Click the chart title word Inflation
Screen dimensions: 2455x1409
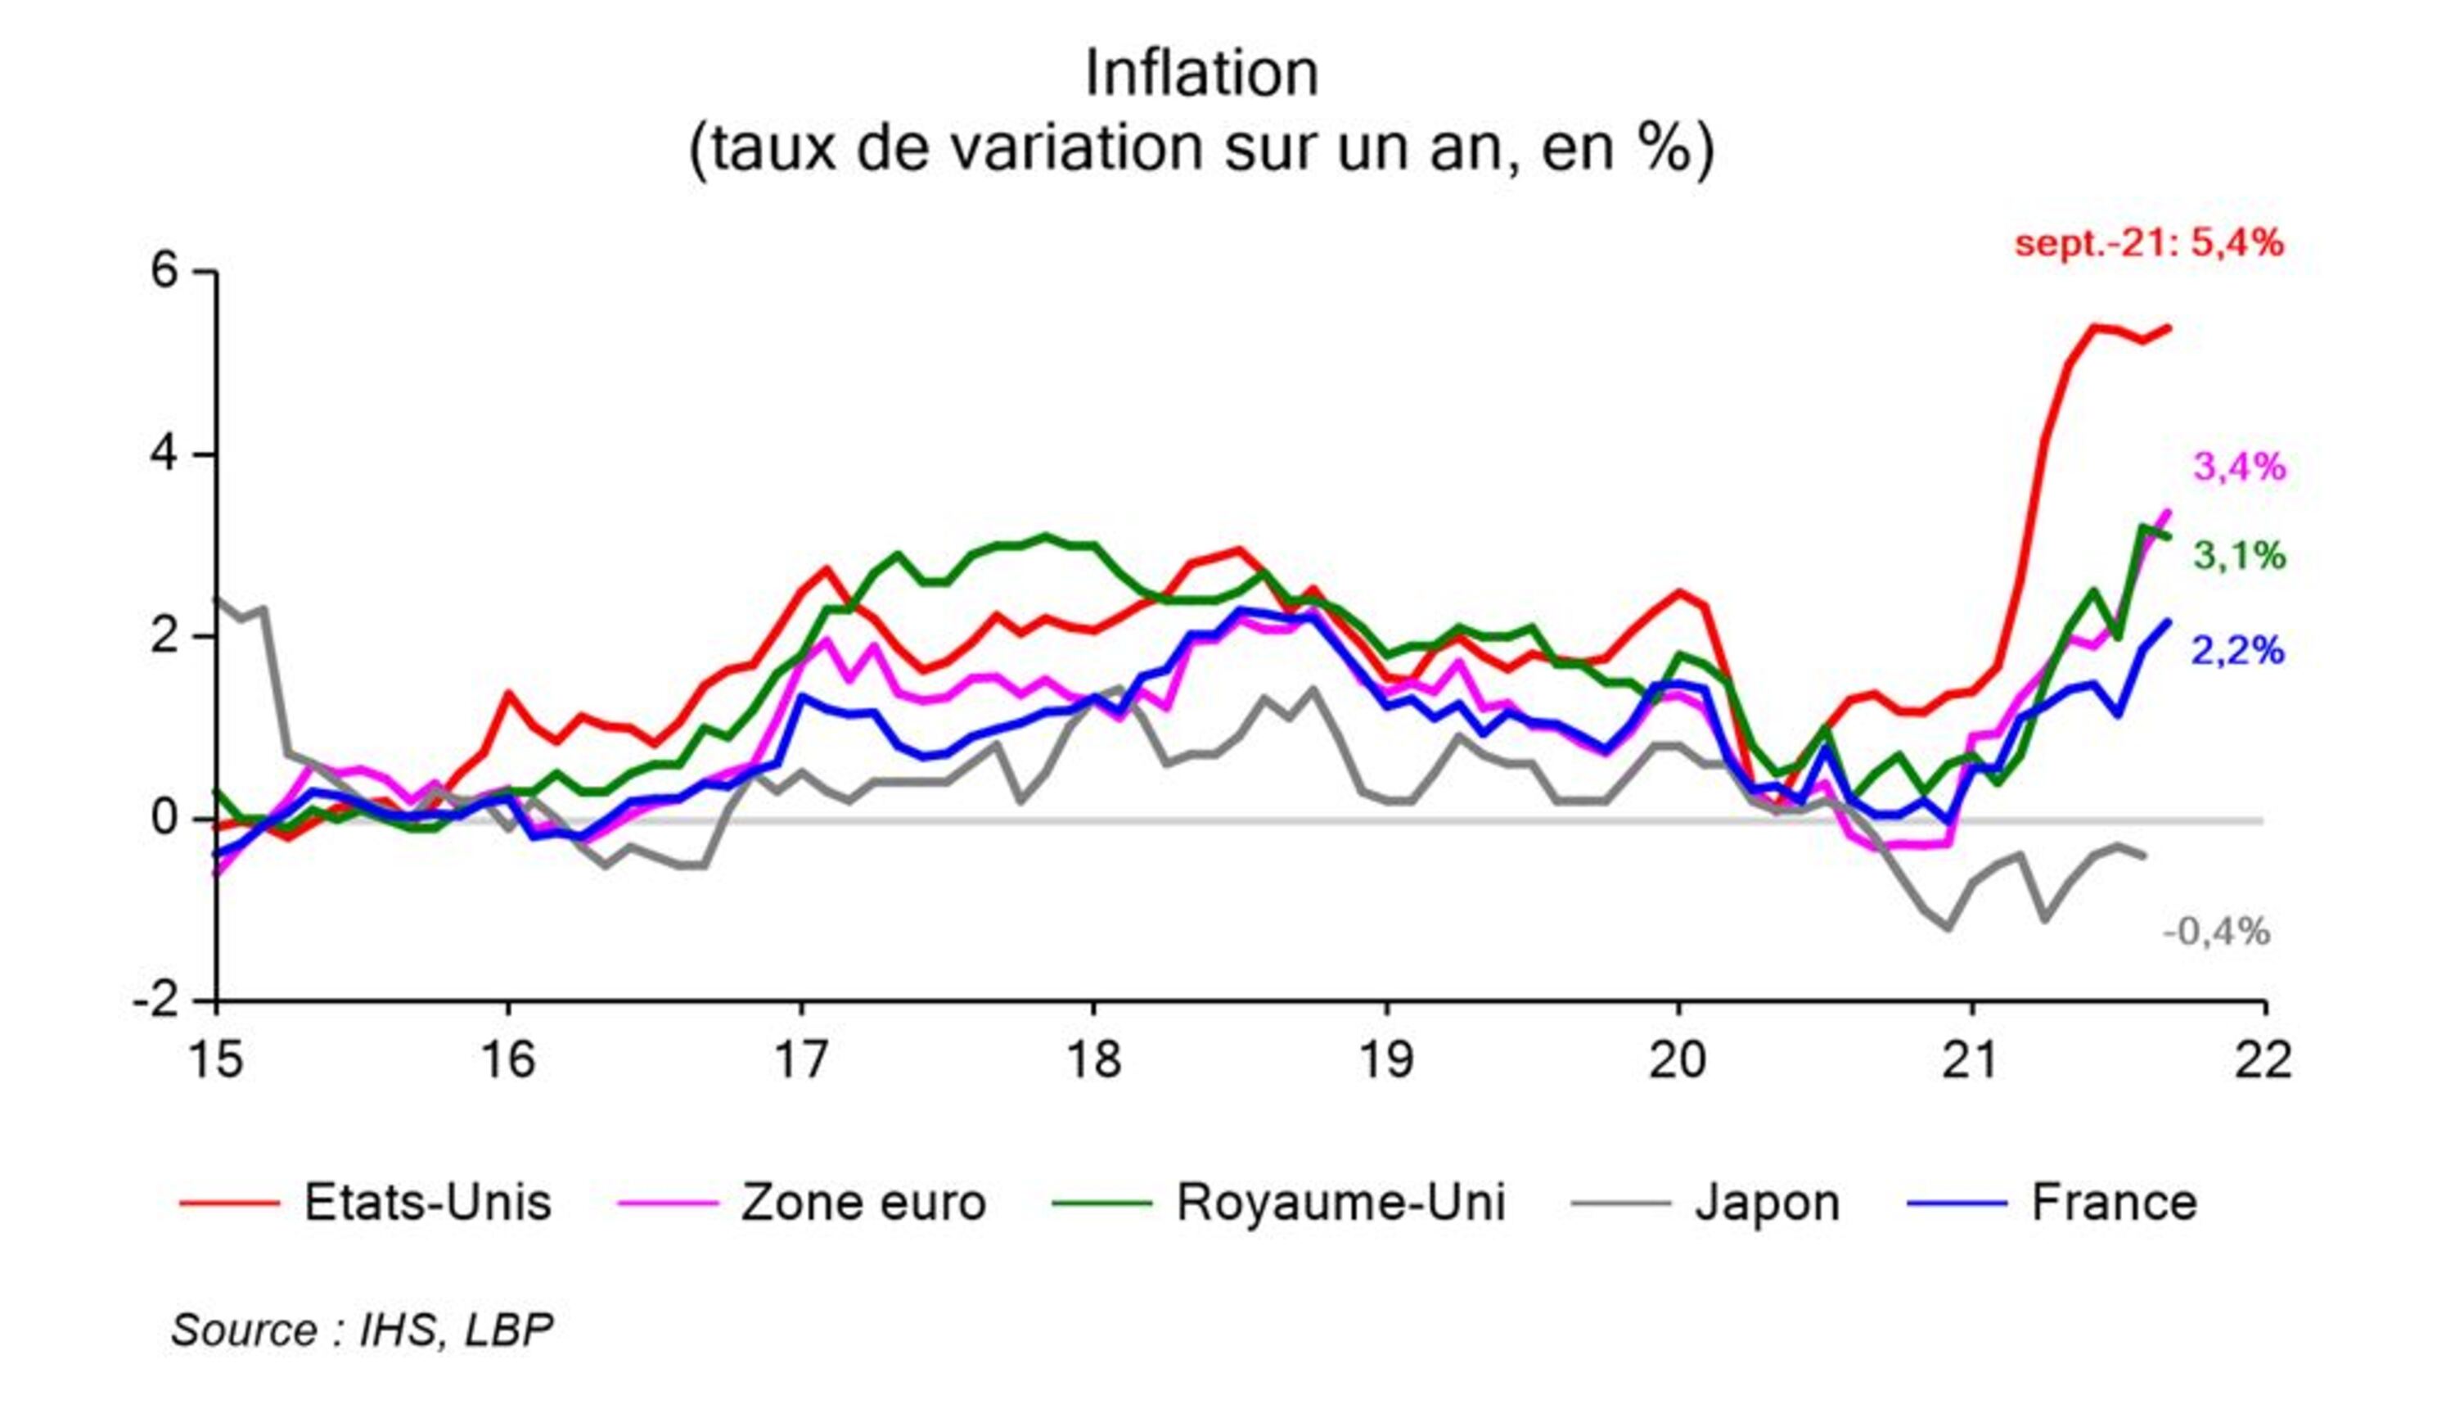[x=1201, y=74]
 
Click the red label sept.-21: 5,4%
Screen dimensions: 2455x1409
[x=2149, y=243]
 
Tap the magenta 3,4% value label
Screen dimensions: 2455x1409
[x=2239, y=467]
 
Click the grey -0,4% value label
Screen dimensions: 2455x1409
[x=2216, y=932]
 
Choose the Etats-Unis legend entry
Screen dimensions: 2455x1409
[x=366, y=1203]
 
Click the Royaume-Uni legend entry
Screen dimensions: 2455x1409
[x=1280, y=1203]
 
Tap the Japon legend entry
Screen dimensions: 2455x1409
[x=1706, y=1203]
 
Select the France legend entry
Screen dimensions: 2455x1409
[x=2053, y=1203]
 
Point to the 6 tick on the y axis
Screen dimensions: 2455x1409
[x=164, y=272]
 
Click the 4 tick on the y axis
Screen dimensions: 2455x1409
[x=164, y=454]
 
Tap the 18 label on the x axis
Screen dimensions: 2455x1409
[x=1094, y=1060]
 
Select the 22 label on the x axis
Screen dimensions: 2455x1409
[x=2264, y=1060]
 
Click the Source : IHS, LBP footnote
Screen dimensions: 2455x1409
[x=363, y=1330]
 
